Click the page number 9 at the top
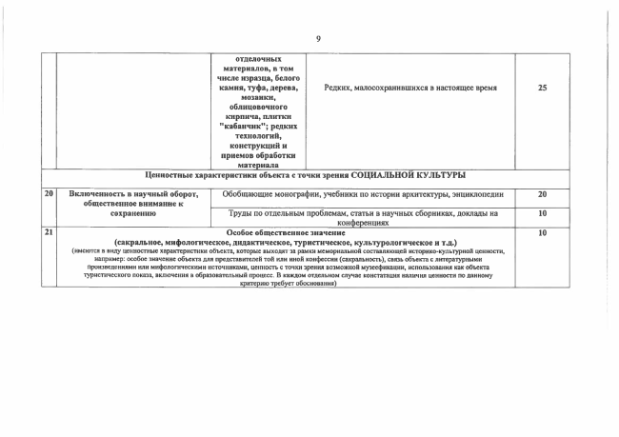(x=318, y=38)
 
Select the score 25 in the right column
(x=542, y=88)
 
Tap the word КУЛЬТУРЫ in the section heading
(x=444, y=175)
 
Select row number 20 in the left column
(x=48, y=194)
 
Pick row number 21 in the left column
(x=48, y=231)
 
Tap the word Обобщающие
(x=251, y=194)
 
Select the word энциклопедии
(x=467, y=194)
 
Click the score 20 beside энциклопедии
(x=542, y=194)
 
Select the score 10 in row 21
(x=542, y=231)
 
